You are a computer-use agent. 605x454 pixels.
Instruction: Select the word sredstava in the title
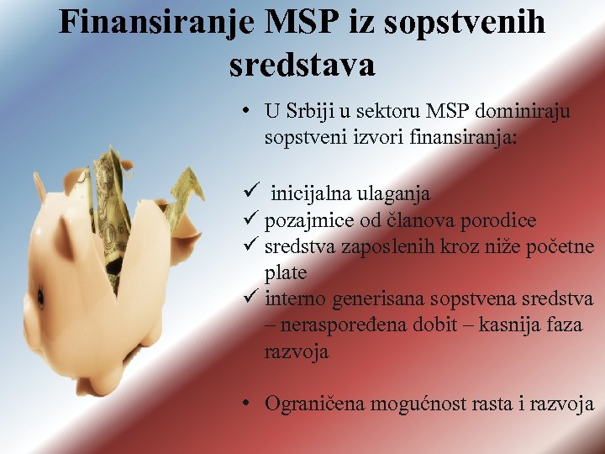click(x=302, y=63)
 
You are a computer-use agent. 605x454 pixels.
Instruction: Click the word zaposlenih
click(x=383, y=247)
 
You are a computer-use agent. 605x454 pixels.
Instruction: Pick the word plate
click(x=286, y=273)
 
